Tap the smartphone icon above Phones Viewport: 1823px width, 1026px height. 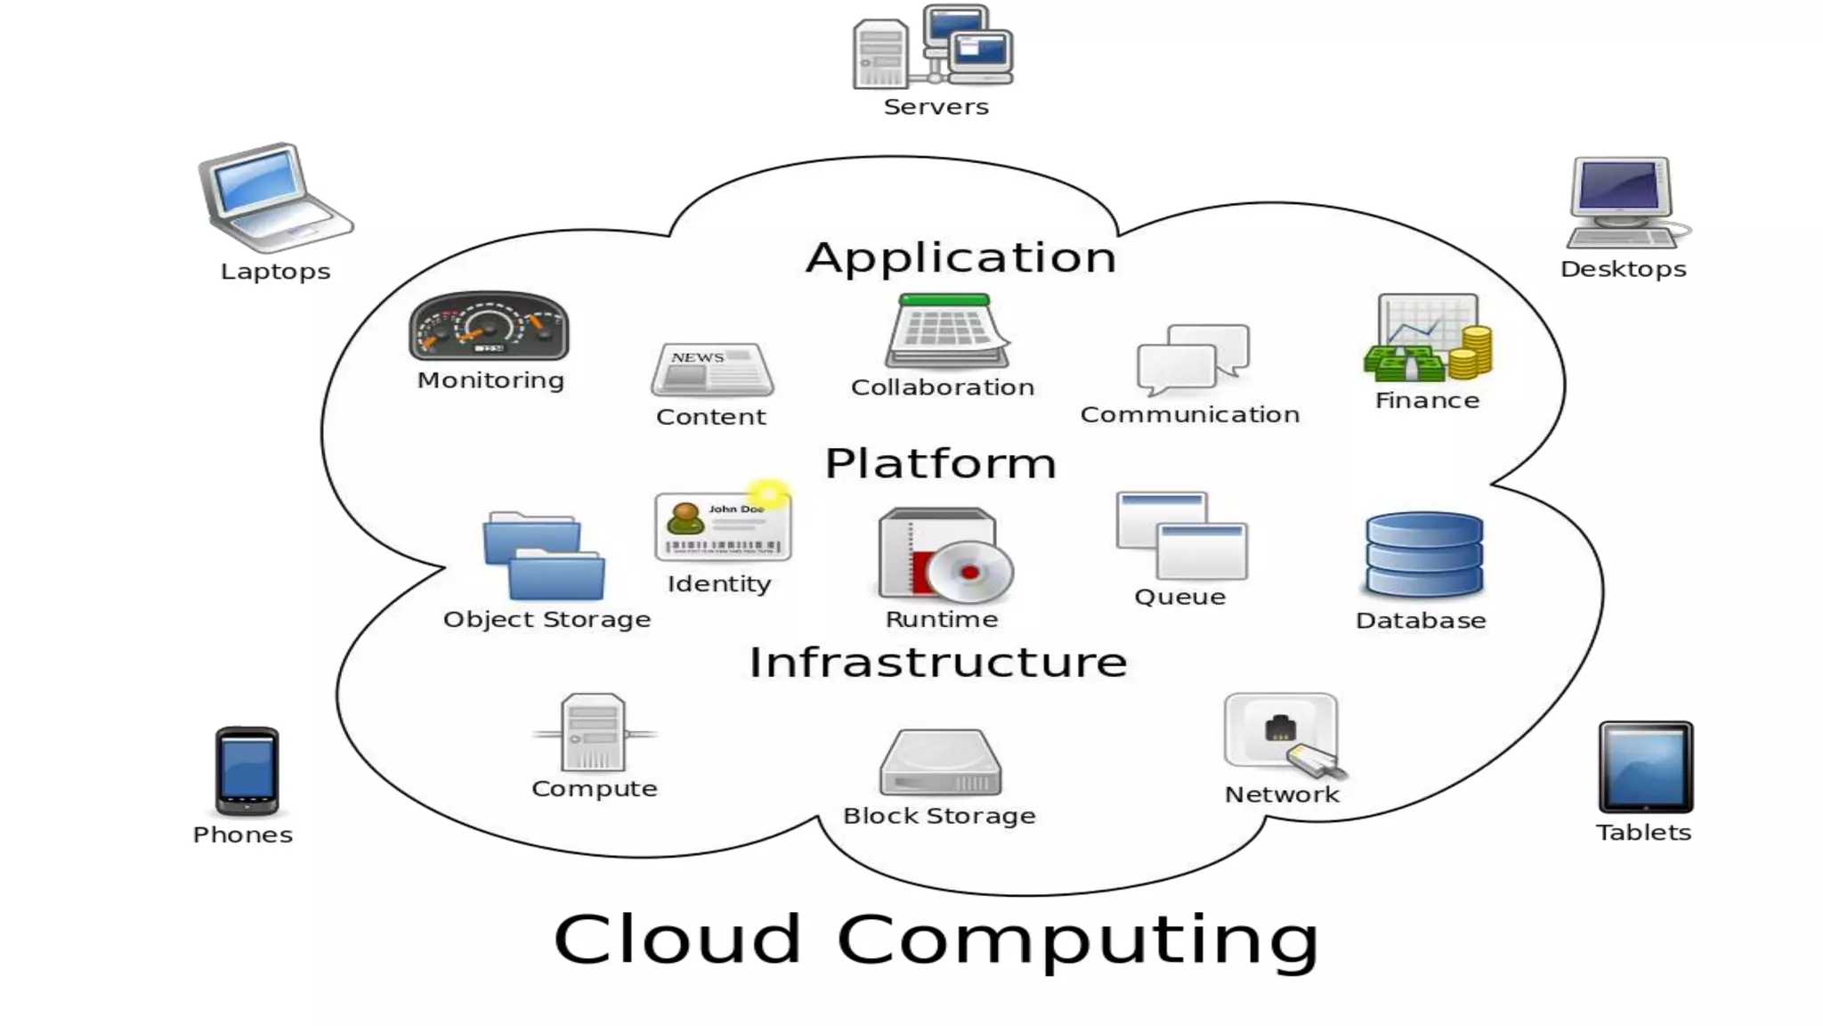point(247,770)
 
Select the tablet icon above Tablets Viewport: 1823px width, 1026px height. point(1645,767)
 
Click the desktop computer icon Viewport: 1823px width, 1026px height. point(1624,203)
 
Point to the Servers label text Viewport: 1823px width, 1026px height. point(936,107)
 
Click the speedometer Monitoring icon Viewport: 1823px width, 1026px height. point(489,327)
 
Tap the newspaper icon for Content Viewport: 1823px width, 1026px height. point(712,370)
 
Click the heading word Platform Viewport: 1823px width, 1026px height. point(940,464)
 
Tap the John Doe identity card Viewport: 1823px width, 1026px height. point(722,527)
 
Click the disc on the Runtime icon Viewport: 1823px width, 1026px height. point(969,572)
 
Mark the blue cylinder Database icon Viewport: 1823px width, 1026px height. point(1423,555)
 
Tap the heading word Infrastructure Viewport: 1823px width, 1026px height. point(938,663)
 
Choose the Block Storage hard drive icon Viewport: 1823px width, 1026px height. point(940,763)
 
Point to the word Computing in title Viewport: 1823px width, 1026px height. point(1078,940)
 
